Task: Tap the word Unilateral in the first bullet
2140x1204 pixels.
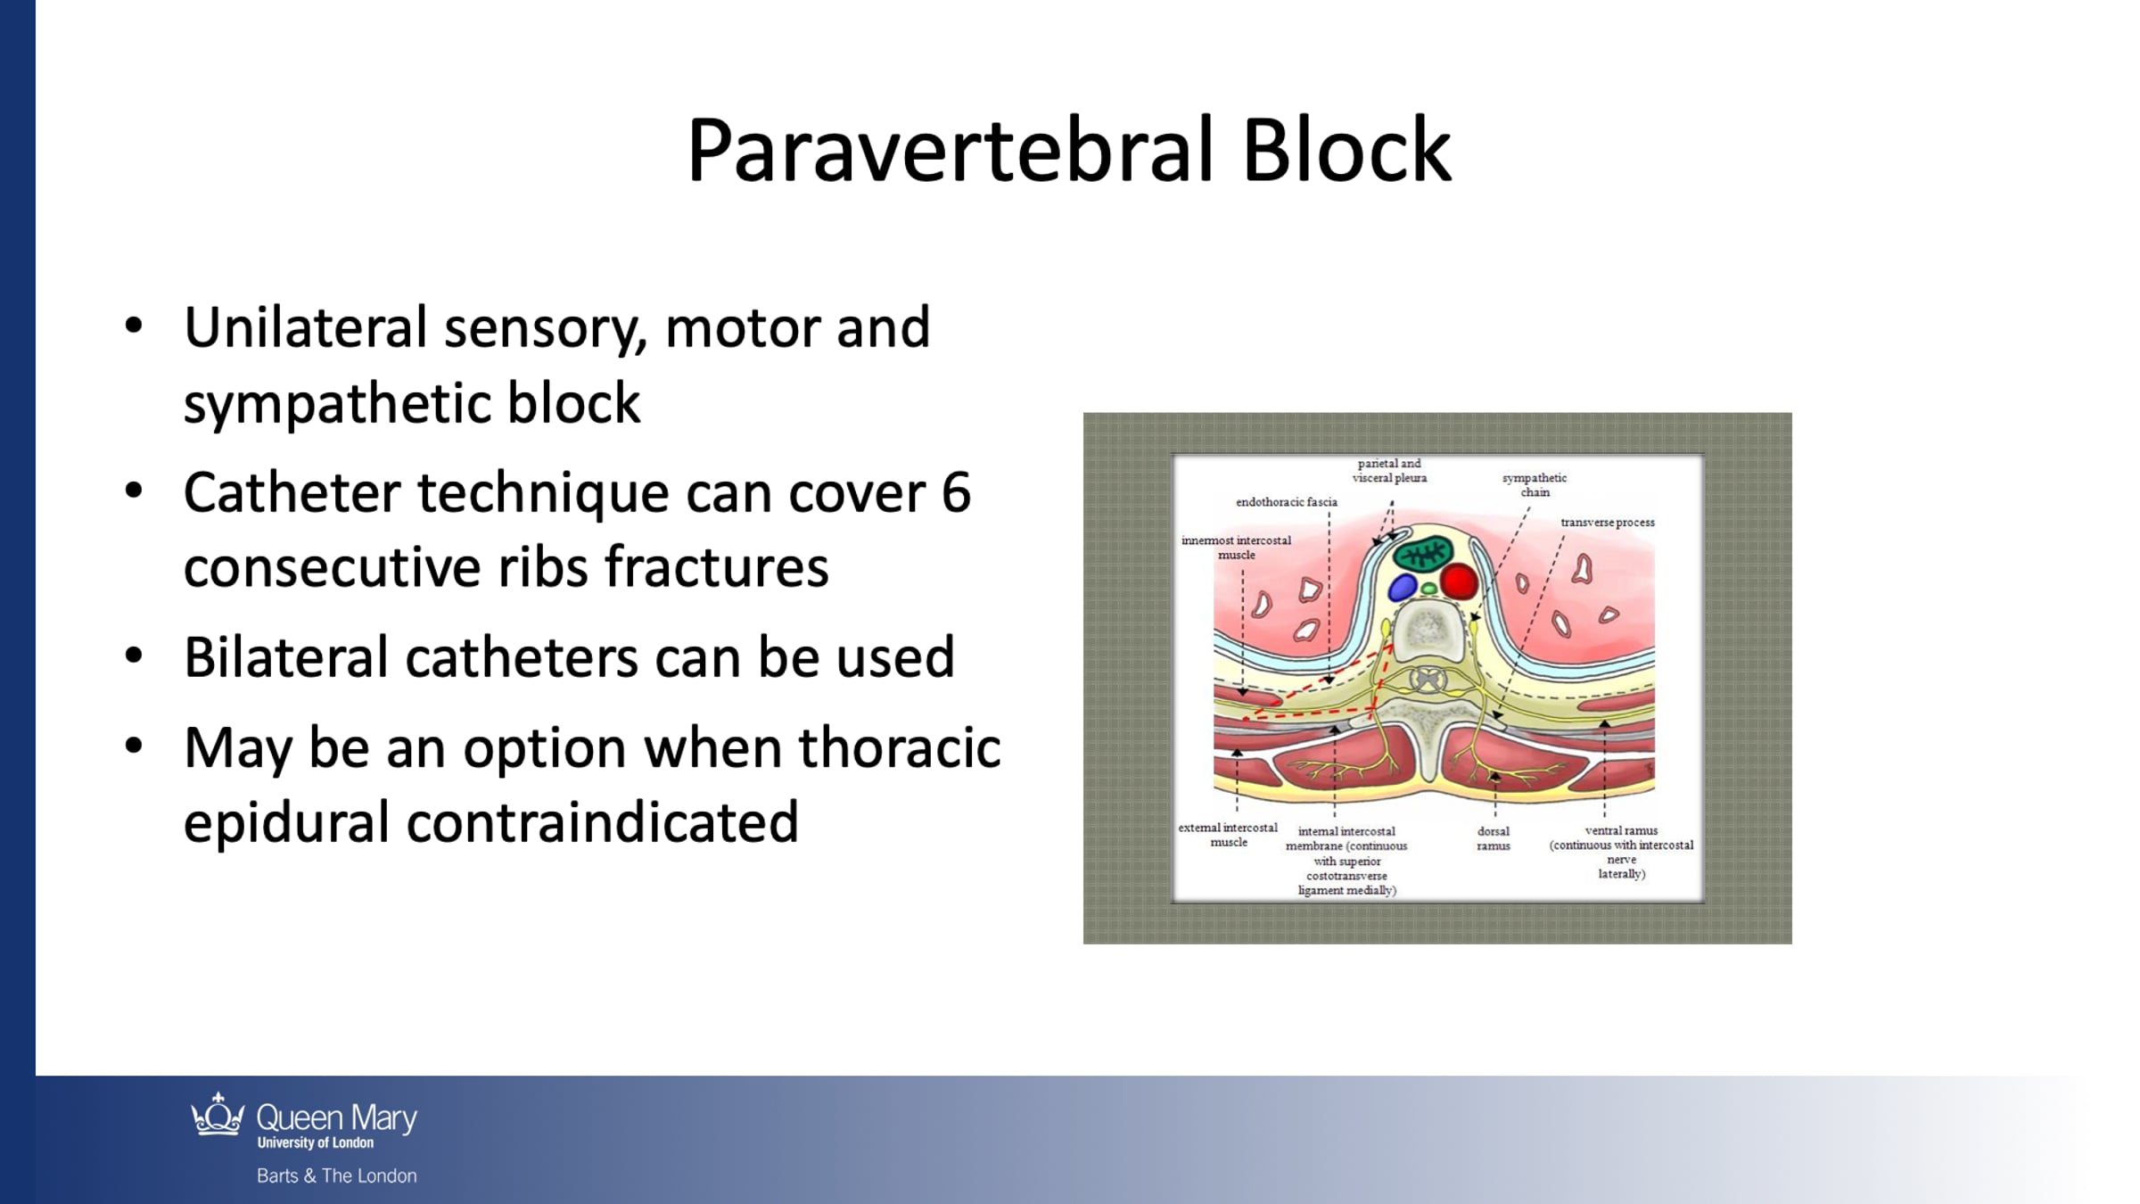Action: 306,327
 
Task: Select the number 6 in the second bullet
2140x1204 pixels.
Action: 956,492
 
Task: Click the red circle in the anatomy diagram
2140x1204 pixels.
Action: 1459,581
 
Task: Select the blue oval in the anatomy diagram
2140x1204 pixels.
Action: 1403,587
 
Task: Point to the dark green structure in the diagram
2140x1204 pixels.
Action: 1424,556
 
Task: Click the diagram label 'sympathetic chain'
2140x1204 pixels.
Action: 1535,485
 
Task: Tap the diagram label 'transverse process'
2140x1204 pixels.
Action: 1608,523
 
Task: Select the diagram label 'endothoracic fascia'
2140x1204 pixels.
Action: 1287,502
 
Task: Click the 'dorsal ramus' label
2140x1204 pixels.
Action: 1494,838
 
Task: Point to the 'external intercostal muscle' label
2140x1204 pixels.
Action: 1228,835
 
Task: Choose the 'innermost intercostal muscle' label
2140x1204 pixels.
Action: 1237,548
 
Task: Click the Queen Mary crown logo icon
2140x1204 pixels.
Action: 218,1115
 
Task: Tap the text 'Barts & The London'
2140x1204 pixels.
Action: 337,1175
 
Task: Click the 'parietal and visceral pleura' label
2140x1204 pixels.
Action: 1389,471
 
